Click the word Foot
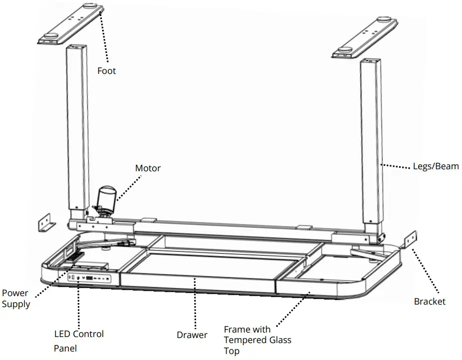tap(106, 71)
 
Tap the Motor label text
tap(148, 168)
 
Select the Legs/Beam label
tap(436, 166)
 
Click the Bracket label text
tap(430, 301)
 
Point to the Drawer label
tap(192, 335)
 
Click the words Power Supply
tap(15, 298)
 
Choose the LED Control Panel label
tap(78, 341)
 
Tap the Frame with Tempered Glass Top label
tap(257, 340)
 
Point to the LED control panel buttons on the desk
tap(91, 278)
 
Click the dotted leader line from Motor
tap(126, 187)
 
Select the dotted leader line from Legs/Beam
tap(397, 166)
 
